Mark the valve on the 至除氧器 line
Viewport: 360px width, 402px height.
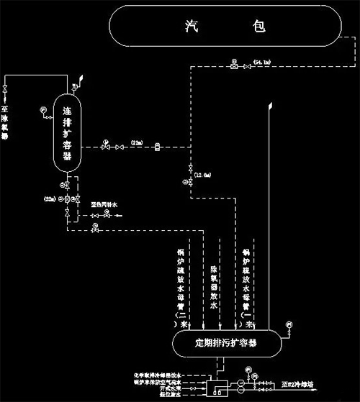coord(6,90)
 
